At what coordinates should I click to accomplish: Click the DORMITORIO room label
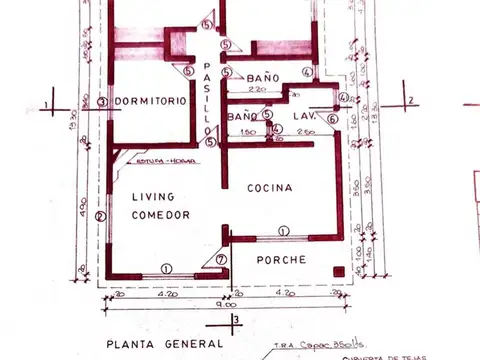pos(150,102)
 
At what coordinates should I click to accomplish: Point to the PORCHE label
pos(281,260)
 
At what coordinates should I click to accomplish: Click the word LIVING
pos(153,197)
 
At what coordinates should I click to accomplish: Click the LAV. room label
pos(305,117)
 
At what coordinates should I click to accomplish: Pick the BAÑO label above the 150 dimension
pos(242,117)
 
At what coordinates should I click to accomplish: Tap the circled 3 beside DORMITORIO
pos(102,102)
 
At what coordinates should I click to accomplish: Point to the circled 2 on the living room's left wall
pos(100,215)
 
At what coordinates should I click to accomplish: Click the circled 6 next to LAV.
pos(332,117)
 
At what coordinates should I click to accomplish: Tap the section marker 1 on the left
pos(46,103)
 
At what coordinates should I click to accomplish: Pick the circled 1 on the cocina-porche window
pos(283,231)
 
